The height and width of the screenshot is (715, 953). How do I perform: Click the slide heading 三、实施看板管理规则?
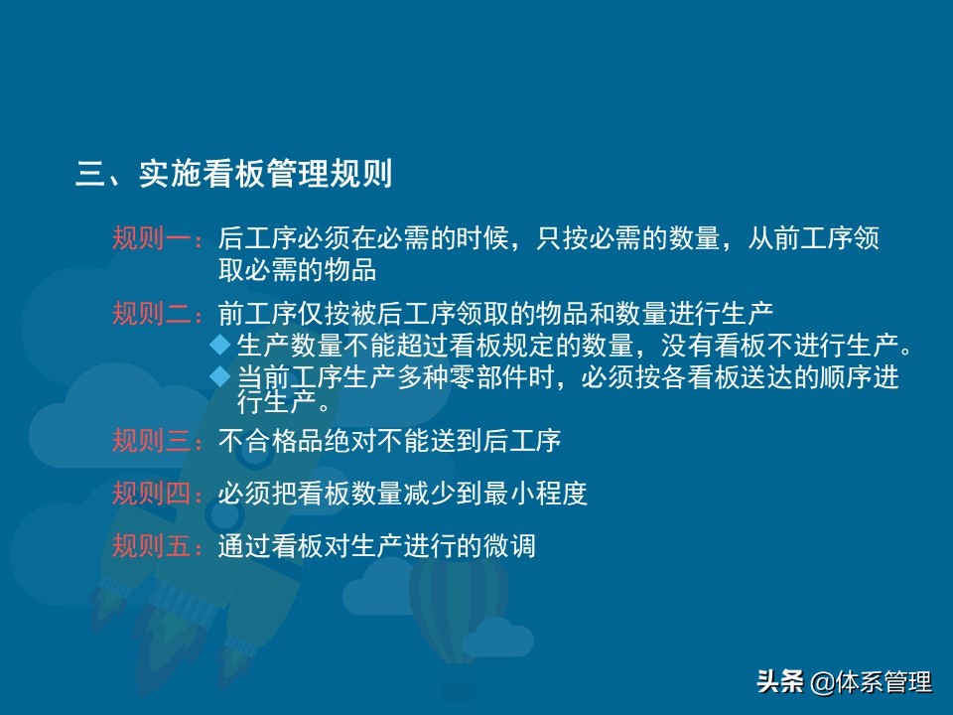[x=234, y=173]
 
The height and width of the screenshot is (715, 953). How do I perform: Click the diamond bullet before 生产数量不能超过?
[x=220, y=346]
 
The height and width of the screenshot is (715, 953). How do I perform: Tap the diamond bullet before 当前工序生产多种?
[x=220, y=376]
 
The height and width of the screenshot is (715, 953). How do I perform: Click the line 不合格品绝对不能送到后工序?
[x=389, y=440]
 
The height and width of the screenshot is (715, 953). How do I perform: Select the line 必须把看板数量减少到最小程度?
[x=403, y=494]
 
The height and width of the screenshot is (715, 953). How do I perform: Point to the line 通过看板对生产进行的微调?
[x=377, y=545]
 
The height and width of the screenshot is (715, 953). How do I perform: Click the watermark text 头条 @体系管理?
[x=844, y=681]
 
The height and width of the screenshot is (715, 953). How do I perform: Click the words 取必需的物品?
[x=297, y=269]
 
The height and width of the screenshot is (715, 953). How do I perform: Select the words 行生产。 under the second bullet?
[x=283, y=402]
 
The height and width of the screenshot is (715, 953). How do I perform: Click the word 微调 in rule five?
[x=509, y=545]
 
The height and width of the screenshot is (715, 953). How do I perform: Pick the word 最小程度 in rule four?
[x=535, y=494]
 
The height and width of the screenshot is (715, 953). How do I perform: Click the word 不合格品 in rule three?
[x=271, y=440]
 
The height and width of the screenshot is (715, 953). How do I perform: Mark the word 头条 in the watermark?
[x=780, y=681]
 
